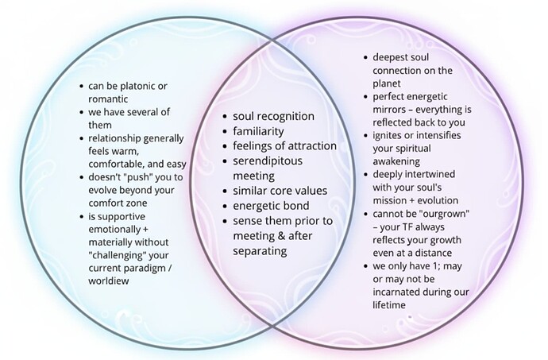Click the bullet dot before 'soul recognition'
pos(226,117)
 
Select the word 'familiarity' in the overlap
pos(260,131)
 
